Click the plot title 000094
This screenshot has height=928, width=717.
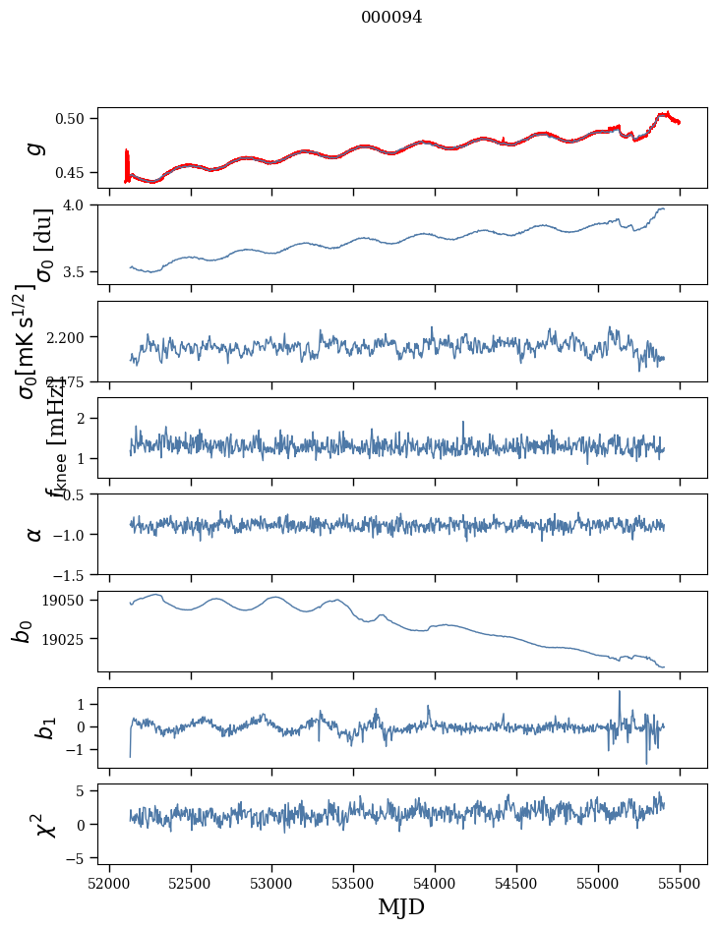(391, 18)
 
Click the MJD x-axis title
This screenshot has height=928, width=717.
(401, 906)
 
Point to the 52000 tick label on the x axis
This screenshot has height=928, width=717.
(109, 881)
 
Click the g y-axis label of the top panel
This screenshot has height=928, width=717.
(35, 147)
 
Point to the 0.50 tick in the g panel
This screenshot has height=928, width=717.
(74, 119)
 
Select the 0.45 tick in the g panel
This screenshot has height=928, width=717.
(74, 173)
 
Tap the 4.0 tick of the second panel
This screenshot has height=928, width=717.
(80, 204)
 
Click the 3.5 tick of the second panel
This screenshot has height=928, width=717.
(80, 271)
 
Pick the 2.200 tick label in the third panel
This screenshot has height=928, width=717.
(70, 337)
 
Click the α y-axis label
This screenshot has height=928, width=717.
(35, 534)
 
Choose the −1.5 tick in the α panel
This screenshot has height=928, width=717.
(72, 574)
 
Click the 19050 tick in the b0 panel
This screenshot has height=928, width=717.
(70, 601)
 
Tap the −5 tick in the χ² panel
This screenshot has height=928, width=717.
(79, 858)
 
